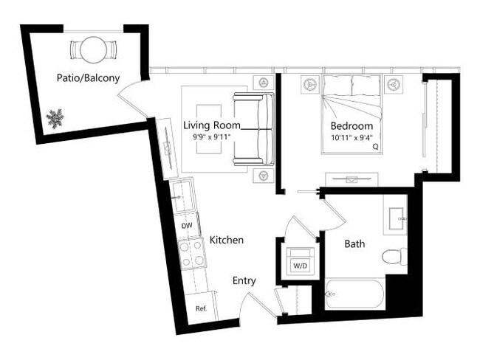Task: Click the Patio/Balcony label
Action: coord(88,77)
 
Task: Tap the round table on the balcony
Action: coord(93,51)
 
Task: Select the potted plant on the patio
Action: coord(55,117)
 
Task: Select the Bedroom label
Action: coord(350,125)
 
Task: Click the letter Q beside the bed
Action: coord(376,146)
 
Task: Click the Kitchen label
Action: coord(227,240)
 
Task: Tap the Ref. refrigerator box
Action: coord(200,308)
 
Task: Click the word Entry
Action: coord(244,280)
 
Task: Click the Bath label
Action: coord(355,243)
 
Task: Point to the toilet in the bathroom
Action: coord(395,257)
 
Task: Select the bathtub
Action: coord(354,295)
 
